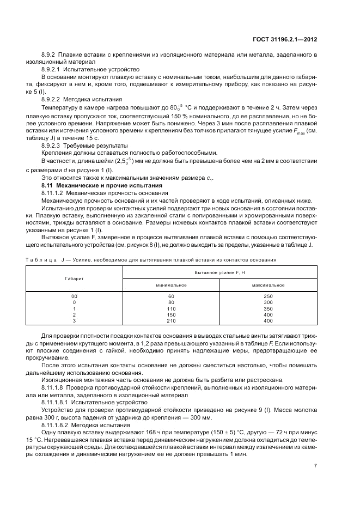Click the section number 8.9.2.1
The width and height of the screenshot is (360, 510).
[x=51, y=70]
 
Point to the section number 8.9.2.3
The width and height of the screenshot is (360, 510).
[x=51, y=145]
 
